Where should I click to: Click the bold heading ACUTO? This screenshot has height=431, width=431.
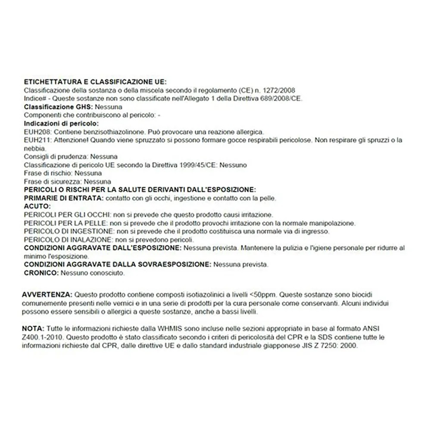(x=37, y=206)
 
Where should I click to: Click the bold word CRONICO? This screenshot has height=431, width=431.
(x=41, y=273)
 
